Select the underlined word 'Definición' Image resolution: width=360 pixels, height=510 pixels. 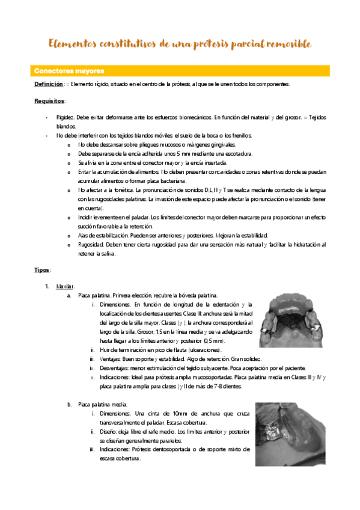point(48,84)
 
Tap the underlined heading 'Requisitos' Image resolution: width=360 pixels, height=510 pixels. point(50,101)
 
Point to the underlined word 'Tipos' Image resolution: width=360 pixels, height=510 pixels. point(42,270)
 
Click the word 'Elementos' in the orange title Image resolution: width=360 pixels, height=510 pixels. point(74,45)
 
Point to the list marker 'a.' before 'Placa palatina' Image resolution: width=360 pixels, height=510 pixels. point(69,295)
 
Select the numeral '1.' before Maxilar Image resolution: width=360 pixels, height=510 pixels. point(47,286)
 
